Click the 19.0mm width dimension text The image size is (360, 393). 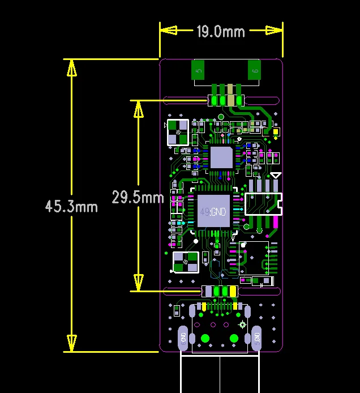coord(220,32)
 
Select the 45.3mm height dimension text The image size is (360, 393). coord(71,206)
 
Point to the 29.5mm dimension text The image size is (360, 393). coord(138,198)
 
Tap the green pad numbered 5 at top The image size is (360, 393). coord(198,71)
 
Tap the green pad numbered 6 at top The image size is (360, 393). coord(255,71)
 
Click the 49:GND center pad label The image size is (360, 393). coord(213,212)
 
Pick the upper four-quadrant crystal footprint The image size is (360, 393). coord(178,132)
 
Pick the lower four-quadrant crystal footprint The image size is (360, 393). coord(186,262)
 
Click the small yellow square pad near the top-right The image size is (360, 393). coord(276,133)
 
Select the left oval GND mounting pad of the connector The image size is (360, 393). coord(183,338)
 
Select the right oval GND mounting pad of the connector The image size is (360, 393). coord(256,338)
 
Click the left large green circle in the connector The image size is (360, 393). coord(205,339)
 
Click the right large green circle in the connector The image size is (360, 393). coord(234,339)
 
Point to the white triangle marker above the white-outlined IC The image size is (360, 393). coord(276,176)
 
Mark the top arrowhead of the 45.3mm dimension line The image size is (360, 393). coord(71,67)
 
